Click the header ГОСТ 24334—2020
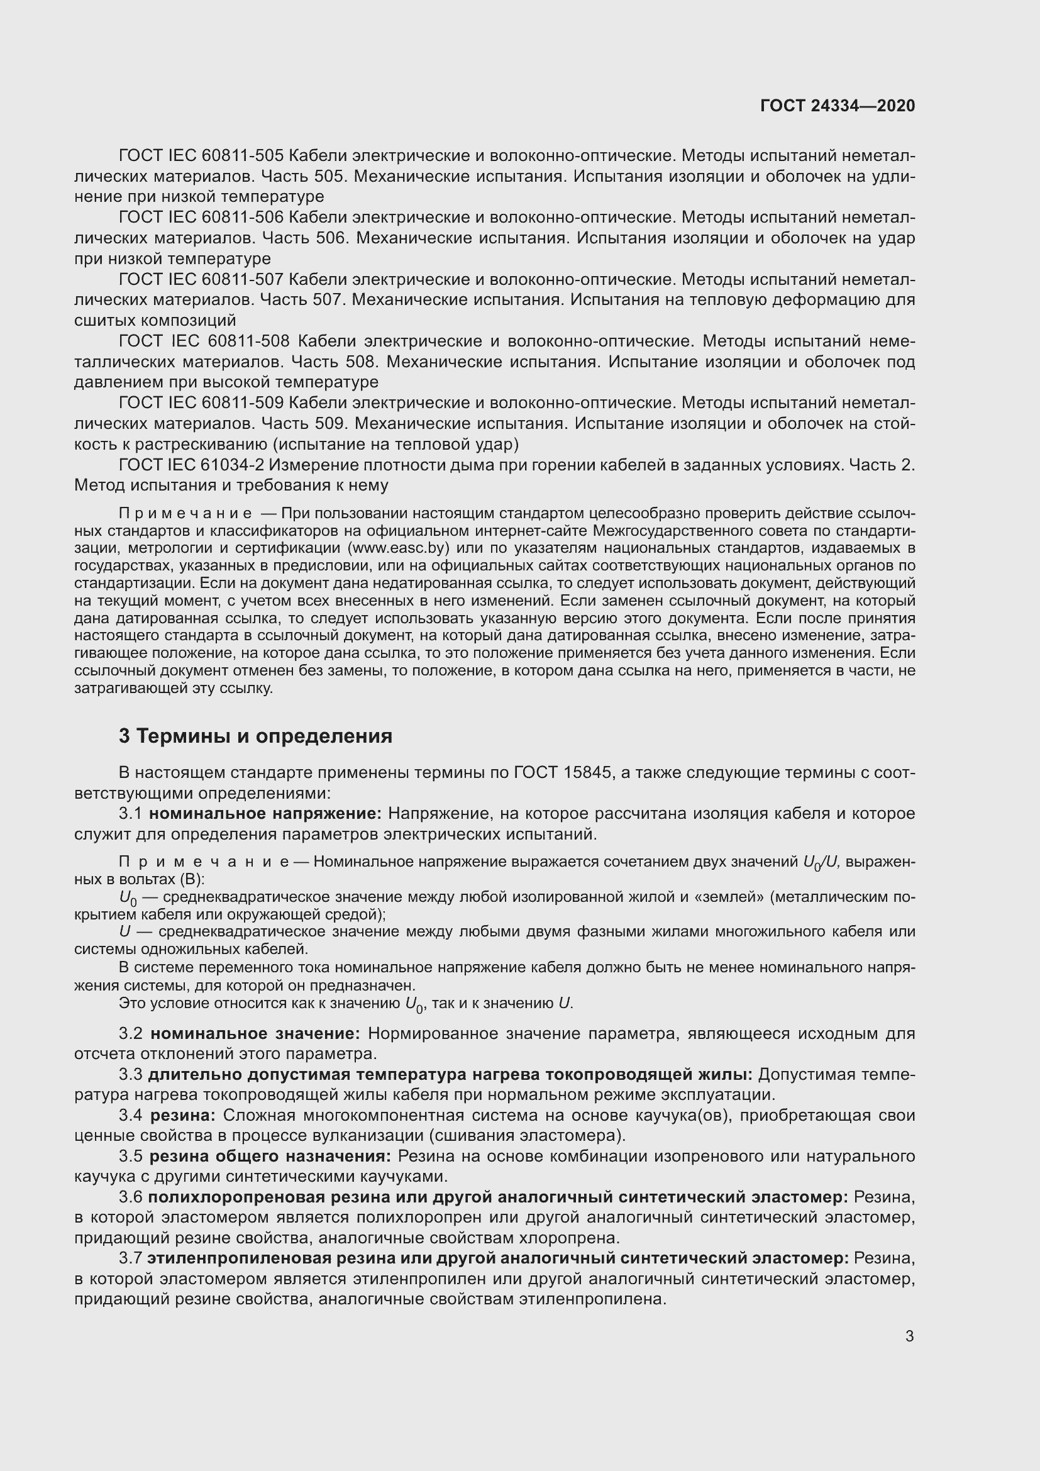coord(838,106)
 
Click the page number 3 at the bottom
coord(909,1336)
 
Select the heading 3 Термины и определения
coord(255,736)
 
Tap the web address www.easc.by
coord(397,548)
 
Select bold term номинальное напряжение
coord(265,814)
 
